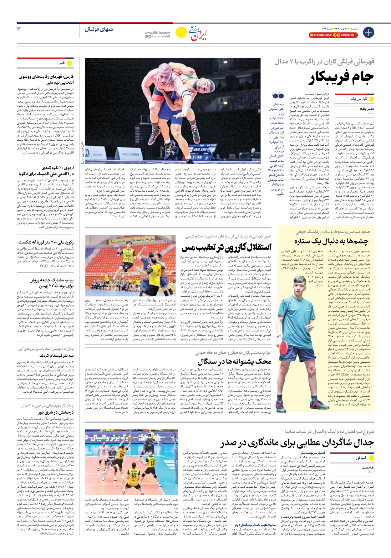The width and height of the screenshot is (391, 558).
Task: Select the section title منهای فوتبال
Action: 99,29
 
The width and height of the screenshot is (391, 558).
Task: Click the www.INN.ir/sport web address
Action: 157,33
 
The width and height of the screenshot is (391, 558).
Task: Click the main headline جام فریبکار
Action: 341,77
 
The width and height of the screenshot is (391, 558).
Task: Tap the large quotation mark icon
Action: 278,96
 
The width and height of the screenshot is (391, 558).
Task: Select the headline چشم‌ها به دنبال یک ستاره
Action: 331,241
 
